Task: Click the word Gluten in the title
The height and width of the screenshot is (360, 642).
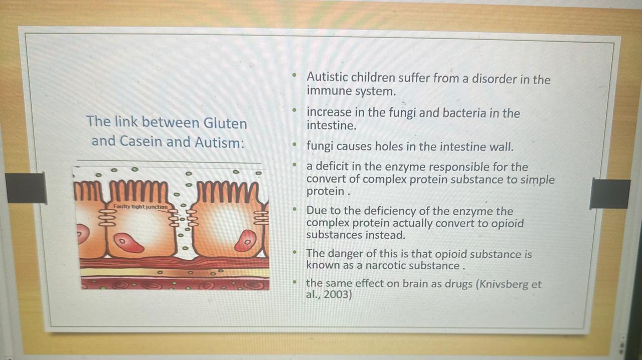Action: coord(225,123)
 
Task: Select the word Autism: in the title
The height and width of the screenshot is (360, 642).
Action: coord(219,142)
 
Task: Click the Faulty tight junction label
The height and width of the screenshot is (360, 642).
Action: coord(140,207)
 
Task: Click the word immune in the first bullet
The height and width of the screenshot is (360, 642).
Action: coord(329,91)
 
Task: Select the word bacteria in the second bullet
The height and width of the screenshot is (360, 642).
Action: coord(464,113)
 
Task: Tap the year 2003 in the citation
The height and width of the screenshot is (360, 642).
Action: coord(338,294)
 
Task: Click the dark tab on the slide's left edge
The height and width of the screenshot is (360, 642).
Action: coord(26,188)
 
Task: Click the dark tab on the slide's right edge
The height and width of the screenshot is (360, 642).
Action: coord(610,194)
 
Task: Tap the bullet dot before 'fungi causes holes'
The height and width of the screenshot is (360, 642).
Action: coord(294,145)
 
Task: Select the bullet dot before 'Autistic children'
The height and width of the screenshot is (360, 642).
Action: coord(294,76)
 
